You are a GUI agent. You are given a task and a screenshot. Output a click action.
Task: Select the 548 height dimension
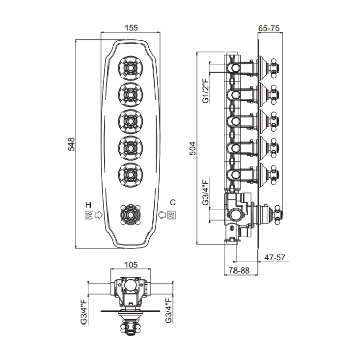pos(71,145)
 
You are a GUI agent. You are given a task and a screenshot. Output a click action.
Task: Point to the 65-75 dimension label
pos(268,29)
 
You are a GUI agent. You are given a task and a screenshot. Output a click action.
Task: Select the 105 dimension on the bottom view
pos(131,265)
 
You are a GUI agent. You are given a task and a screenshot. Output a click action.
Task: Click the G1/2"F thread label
pos(205,91)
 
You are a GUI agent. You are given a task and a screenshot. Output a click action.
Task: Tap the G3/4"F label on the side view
pos(205,192)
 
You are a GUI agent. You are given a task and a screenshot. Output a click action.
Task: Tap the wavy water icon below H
pos(88,215)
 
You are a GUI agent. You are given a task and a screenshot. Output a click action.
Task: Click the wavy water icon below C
pos(173,215)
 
